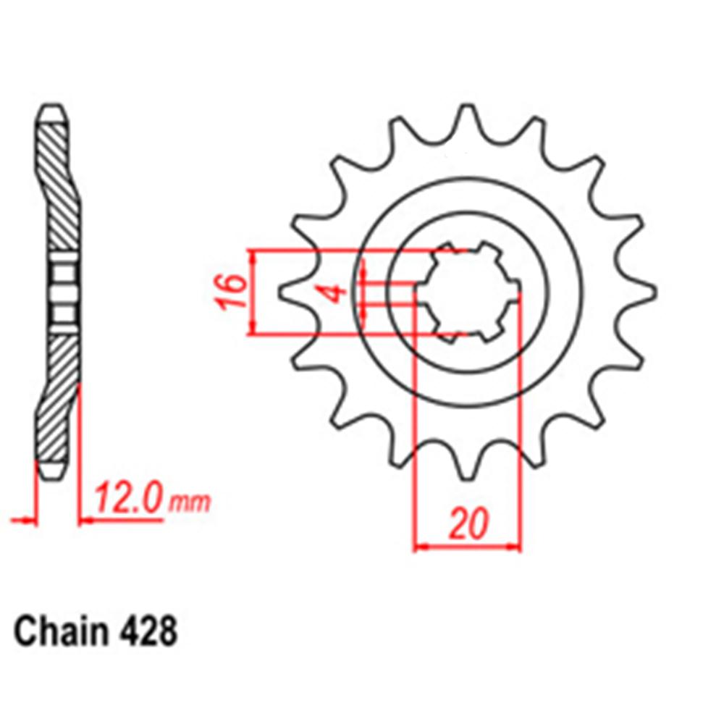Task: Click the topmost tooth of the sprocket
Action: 467,116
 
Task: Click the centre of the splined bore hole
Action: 468,293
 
